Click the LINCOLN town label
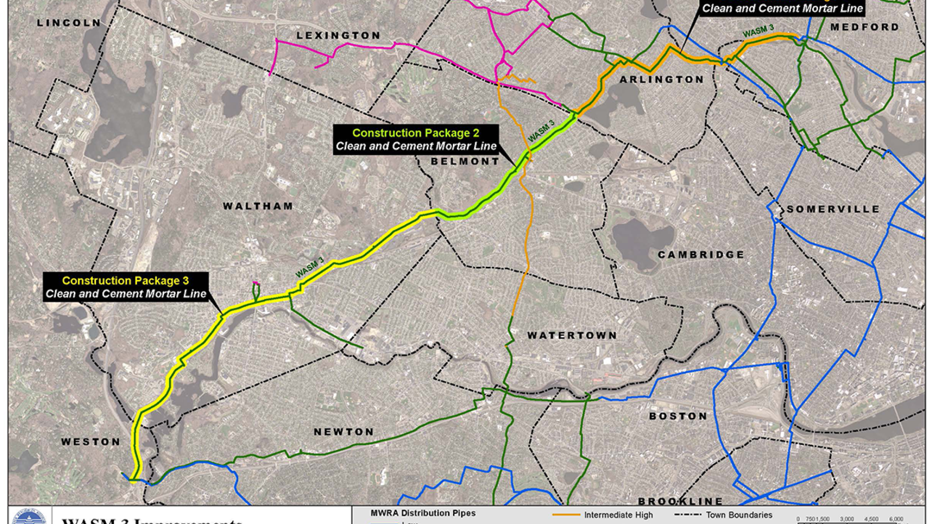click(68, 23)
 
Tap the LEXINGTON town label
click(338, 35)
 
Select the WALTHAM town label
click(258, 206)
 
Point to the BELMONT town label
click(465, 162)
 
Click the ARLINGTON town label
click(662, 80)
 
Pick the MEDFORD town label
click(865, 27)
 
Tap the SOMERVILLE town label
click(833, 209)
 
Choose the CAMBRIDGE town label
click(701, 255)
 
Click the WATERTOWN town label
click(572, 335)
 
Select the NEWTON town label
click(344, 432)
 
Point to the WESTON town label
click(91, 442)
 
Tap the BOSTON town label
click(678, 416)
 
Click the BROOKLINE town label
click(680, 501)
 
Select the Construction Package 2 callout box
click(416, 140)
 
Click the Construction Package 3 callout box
click(126, 287)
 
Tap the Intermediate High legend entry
click(618, 515)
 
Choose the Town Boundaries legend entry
click(739, 515)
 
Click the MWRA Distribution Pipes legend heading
click(423, 513)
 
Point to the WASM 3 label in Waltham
click(310, 268)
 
